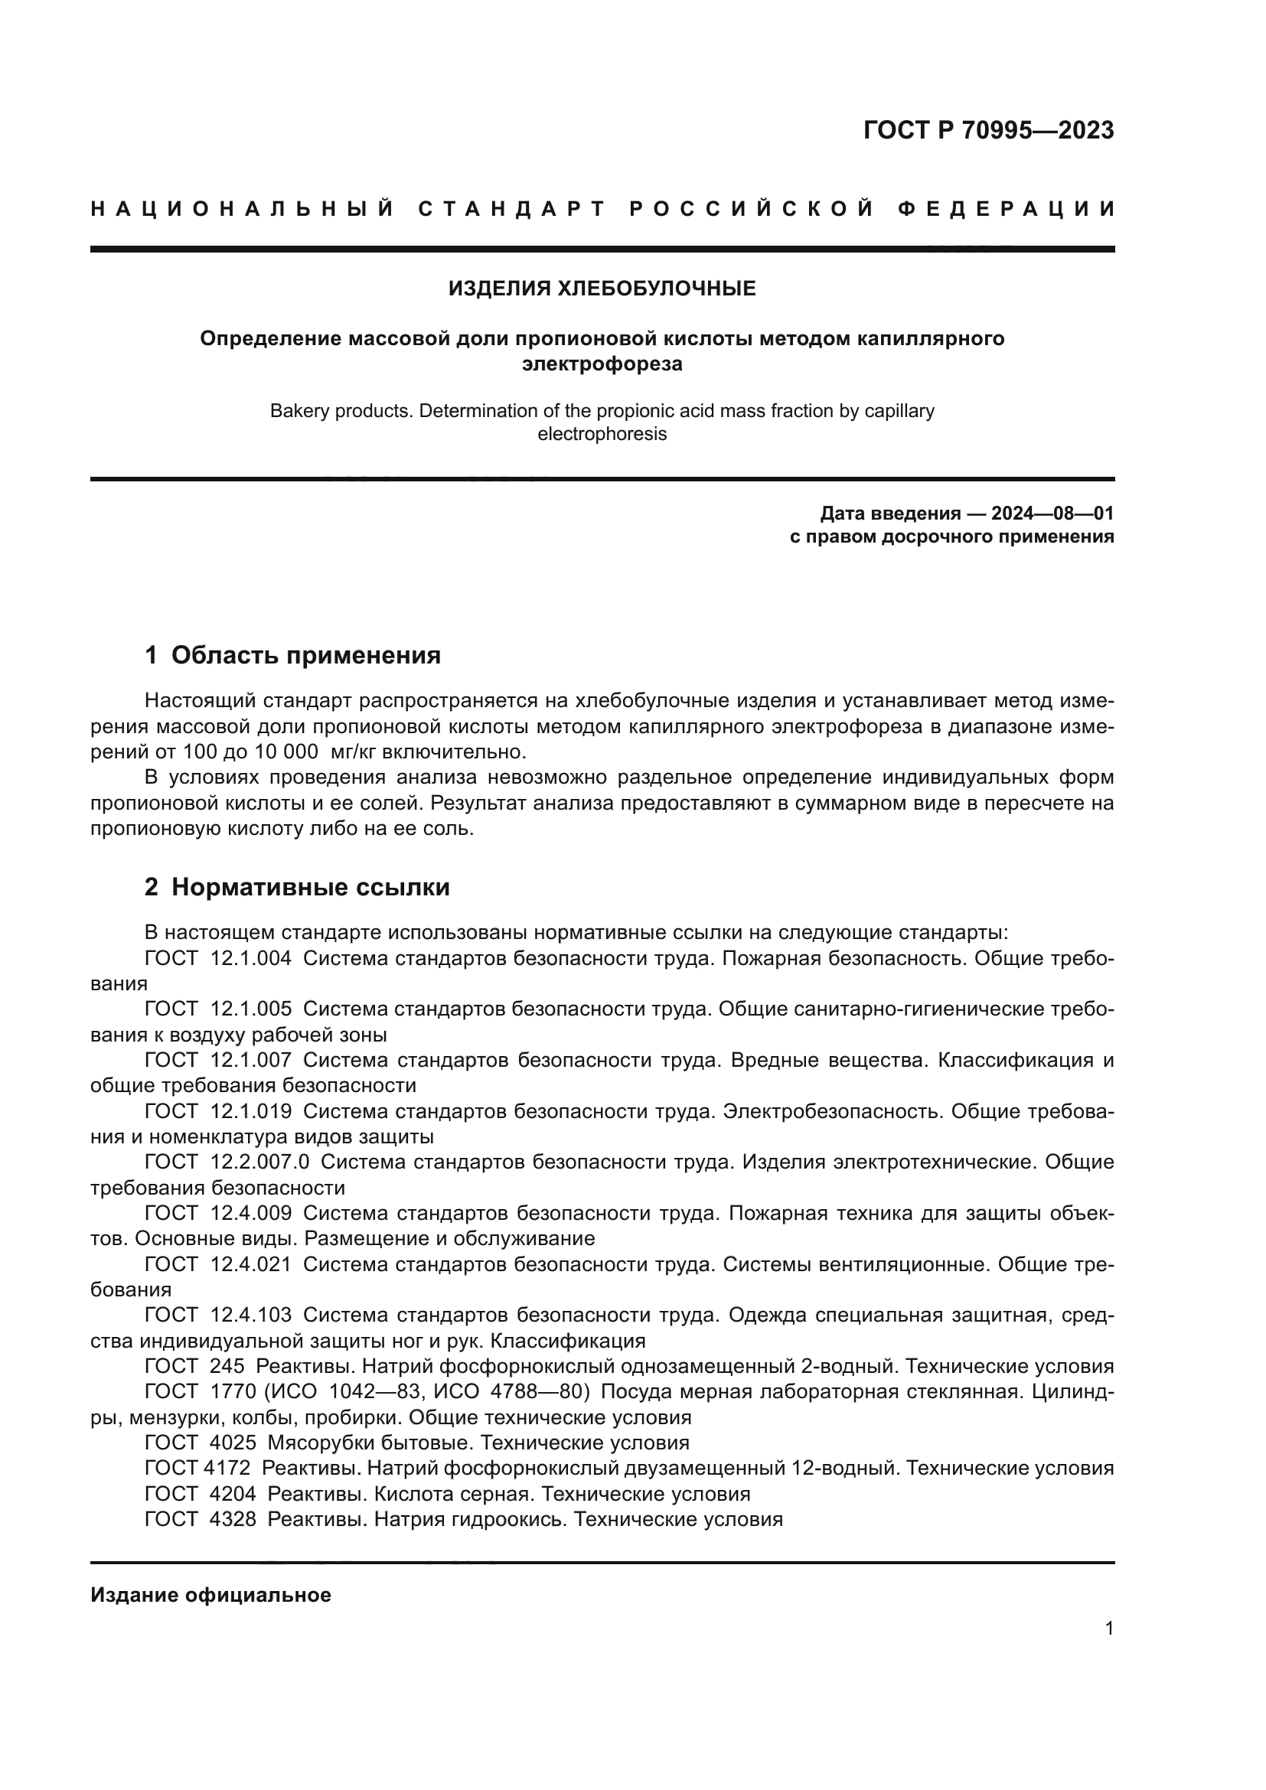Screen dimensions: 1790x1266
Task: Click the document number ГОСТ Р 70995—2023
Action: click(988, 130)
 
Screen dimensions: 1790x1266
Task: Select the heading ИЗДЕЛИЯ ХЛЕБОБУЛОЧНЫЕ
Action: click(602, 289)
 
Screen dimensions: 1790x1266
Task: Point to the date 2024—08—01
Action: click(1052, 513)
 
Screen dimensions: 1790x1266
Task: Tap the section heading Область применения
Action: click(305, 656)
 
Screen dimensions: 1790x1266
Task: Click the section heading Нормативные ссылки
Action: click(310, 887)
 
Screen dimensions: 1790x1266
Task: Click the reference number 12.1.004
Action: click(251, 959)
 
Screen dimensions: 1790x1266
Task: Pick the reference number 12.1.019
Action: click(251, 1112)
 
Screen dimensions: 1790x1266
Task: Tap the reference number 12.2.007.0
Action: click(259, 1162)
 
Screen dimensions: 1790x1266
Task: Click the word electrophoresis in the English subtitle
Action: click(602, 434)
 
